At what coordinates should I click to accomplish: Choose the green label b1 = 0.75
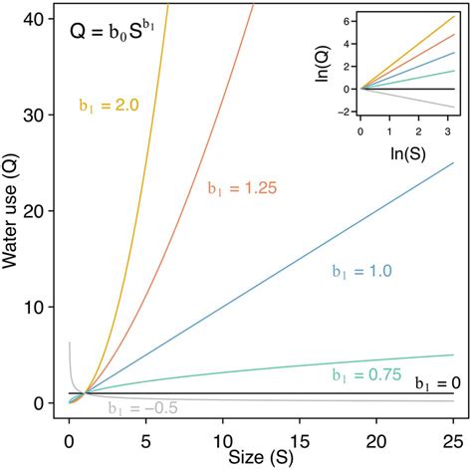pyautogui.click(x=364, y=374)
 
